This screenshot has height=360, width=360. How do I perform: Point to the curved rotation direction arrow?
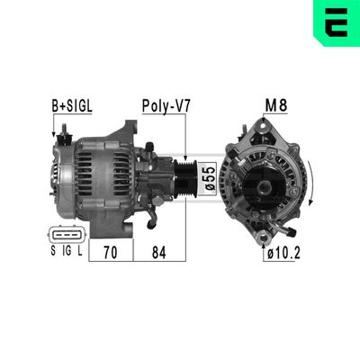311,184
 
